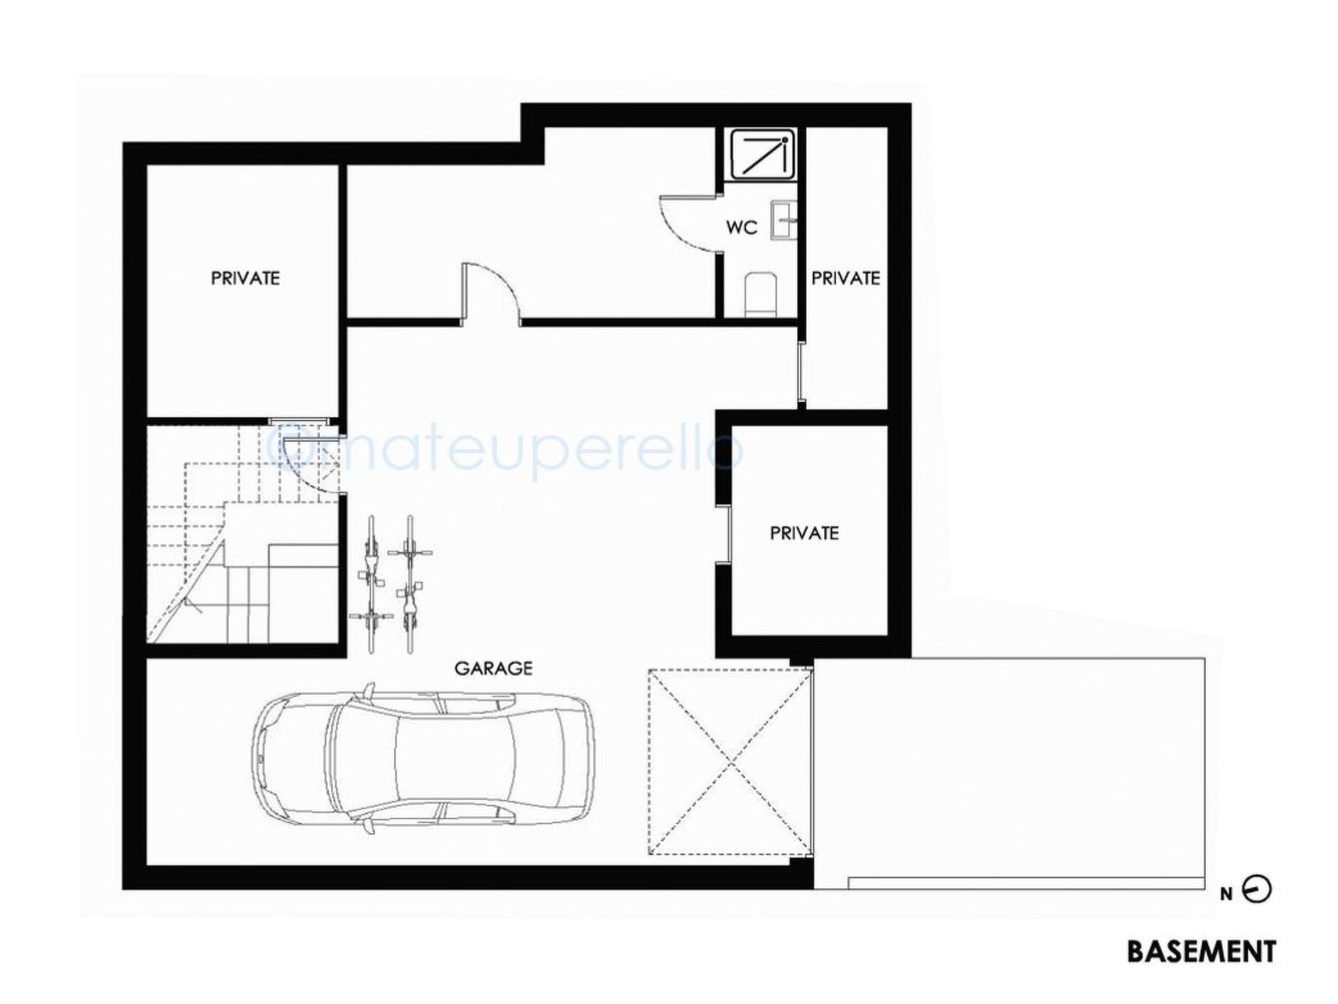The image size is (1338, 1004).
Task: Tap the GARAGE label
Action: tap(493, 668)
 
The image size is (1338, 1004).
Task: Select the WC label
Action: tap(742, 227)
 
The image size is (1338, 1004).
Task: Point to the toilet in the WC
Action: tap(759, 293)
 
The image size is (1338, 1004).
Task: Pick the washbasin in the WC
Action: tap(784, 220)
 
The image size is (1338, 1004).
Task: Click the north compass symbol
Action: tap(1256, 890)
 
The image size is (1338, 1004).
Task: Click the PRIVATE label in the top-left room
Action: tap(245, 278)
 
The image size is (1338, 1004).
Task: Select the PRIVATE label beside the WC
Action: tap(845, 278)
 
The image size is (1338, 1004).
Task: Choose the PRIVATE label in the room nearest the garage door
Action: tap(804, 533)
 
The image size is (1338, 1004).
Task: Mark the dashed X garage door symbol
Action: tap(730, 761)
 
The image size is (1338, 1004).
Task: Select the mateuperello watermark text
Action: tap(506, 451)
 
